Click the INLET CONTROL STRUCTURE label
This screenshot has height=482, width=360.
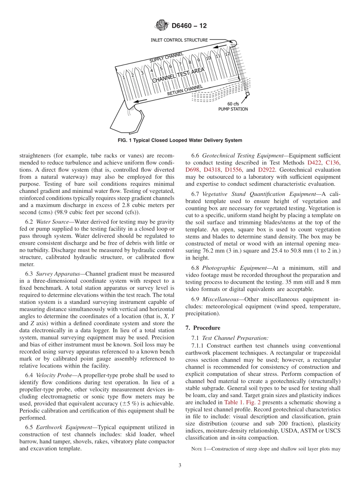(x=179, y=40)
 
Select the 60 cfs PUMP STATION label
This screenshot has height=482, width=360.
(x=233, y=106)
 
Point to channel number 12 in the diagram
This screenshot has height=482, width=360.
(x=227, y=54)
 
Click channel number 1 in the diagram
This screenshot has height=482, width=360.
(x=124, y=77)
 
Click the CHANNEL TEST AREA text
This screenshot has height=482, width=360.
(x=178, y=75)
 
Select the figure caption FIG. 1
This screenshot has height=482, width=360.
(x=180, y=140)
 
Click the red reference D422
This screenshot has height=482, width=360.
(x=314, y=163)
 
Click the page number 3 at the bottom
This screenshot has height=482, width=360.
(x=180, y=466)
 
